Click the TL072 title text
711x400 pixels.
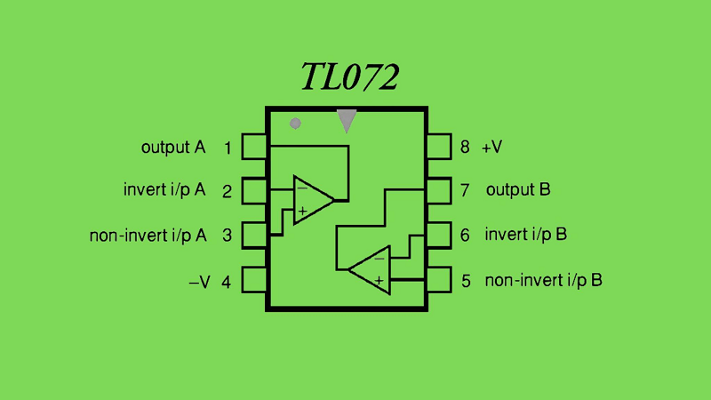(349, 77)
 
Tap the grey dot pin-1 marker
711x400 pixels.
(296, 124)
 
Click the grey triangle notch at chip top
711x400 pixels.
(347, 120)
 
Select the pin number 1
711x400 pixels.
(228, 148)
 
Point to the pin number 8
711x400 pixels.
(465, 148)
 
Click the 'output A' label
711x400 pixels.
(173, 148)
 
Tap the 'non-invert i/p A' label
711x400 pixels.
(148, 236)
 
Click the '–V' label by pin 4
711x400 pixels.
(200, 282)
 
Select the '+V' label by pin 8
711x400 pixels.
(492, 148)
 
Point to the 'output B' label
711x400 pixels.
(518, 190)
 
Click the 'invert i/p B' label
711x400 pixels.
(526, 235)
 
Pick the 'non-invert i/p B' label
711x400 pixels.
(544, 281)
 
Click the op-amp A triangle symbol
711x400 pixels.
(312, 200)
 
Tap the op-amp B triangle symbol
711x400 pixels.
(371, 268)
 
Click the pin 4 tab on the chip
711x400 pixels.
(255, 280)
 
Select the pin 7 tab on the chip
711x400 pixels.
(439, 190)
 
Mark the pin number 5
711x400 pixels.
(466, 282)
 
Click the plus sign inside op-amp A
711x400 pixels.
(302, 212)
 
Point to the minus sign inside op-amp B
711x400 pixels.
(379, 258)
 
